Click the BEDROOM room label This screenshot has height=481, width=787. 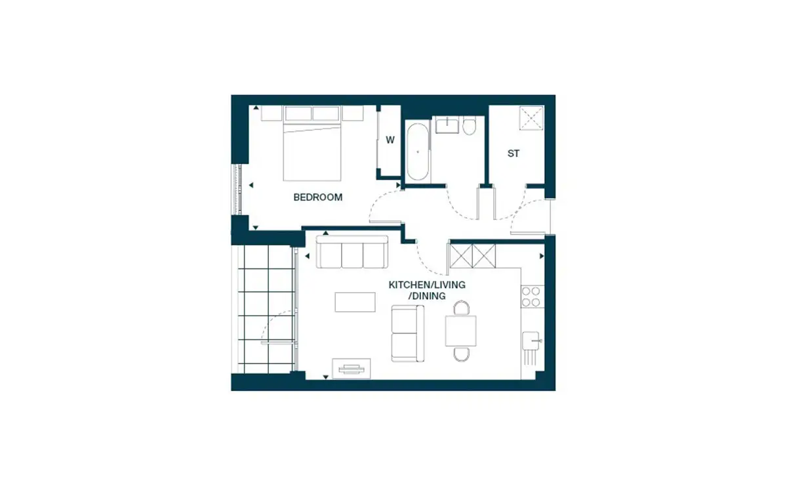click(317, 198)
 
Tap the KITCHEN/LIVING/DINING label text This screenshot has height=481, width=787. click(427, 290)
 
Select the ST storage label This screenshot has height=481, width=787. click(514, 154)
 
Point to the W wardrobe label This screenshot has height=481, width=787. click(390, 140)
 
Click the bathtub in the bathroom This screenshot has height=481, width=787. click(418, 152)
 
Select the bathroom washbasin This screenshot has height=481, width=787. click(447, 125)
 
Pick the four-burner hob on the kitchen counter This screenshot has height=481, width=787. click(533, 297)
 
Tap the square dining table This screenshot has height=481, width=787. click(461, 331)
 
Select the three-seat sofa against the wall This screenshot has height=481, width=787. click(352, 252)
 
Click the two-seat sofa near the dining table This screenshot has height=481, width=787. click(407, 333)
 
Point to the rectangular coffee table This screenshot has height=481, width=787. click(355, 302)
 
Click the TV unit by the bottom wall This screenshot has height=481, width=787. click(352, 369)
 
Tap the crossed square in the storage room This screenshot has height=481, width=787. click(531, 117)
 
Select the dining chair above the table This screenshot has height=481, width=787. click(461, 308)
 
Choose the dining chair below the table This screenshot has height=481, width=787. click(461, 354)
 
